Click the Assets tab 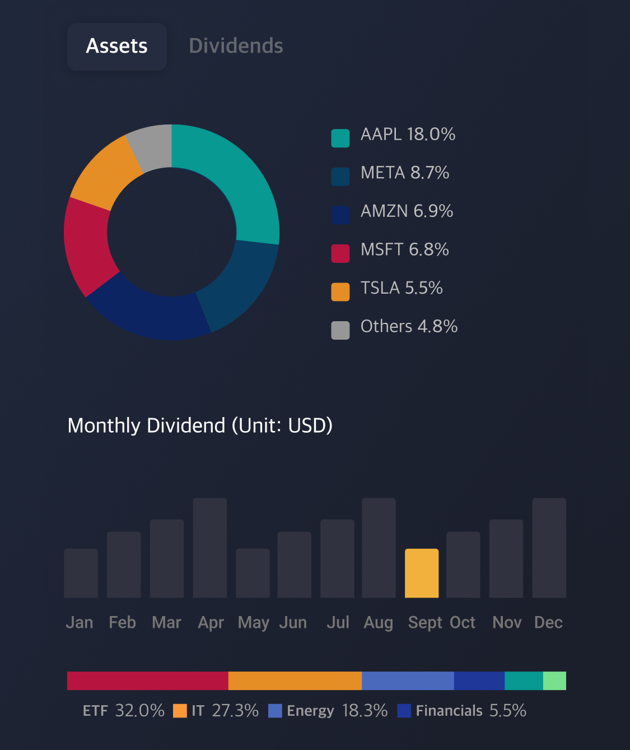coord(116,47)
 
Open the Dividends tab coord(236,47)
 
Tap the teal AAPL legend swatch coord(340,138)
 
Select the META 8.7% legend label coord(404,173)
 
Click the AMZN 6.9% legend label coord(407,211)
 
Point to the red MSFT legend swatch coord(340,253)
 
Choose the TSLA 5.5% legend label coord(402,288)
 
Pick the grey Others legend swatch coord(340,330)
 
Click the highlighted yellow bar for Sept coord(421,573)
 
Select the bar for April coord(209,548)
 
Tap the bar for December coord(549,548)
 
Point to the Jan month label coord(80,622)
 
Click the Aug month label coord(378,622)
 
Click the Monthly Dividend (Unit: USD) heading coord(200,425)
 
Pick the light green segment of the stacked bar coord(554,680)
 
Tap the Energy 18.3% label coord(337,711)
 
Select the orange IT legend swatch coord(180,711)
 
